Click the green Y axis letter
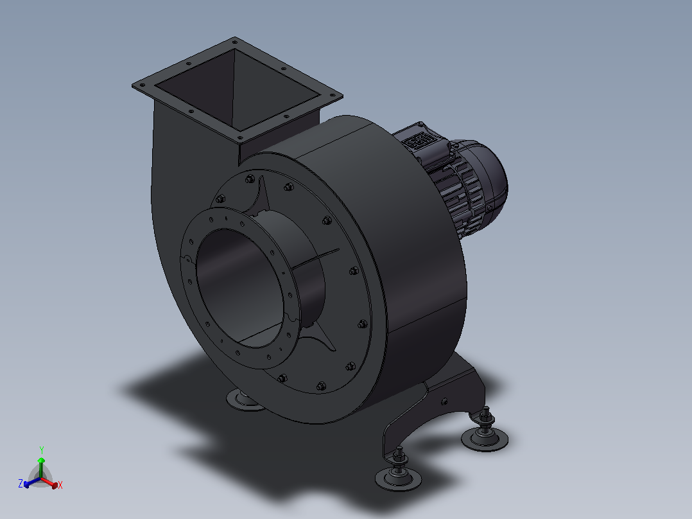pyautogui.click(x=42, y=450)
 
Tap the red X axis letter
pyautogui.click(x=60, y=485)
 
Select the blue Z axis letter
pyautogui.click(x=21, y=483)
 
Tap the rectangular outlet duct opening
pyautogui.click(x=237, y=91)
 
